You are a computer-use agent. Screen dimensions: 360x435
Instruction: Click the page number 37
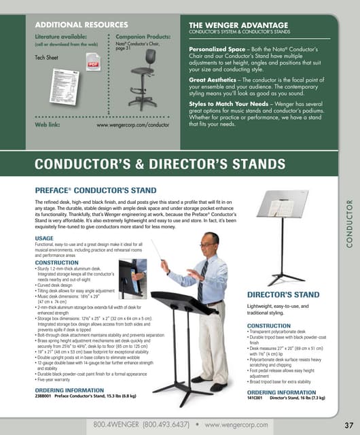pos(347,425)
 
